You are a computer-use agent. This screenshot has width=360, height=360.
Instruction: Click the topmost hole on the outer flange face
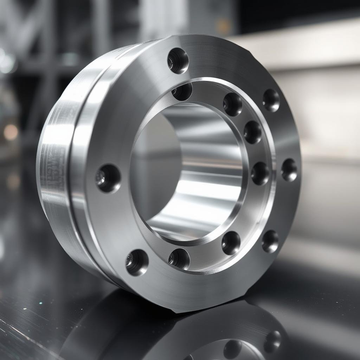click(x=178, y=60)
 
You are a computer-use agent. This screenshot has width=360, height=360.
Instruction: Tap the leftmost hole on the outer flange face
click(x=108, y=178)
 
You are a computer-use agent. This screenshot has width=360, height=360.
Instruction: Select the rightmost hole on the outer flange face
click(x=289, y=170)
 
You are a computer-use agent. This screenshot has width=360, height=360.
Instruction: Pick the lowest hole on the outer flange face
click(x=137, y=262)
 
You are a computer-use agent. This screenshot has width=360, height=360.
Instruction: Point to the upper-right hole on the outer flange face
click(x=271, y=100)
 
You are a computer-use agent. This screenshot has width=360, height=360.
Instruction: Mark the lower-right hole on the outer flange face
click(x=270, y=241)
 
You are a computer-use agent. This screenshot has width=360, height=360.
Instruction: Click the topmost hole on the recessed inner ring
click(x=182, y=91)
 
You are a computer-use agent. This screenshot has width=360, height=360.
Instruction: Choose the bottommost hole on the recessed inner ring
click(x=179, y=259)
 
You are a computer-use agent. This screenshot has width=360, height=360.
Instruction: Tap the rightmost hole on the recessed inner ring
click(x=260, y=173)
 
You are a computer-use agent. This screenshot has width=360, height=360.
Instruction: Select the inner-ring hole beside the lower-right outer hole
click(x=231, y=243)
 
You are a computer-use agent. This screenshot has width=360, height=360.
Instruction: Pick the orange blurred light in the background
click(x=11, y=132)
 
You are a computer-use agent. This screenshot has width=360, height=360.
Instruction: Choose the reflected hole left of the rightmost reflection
click(x=233, y=349)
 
